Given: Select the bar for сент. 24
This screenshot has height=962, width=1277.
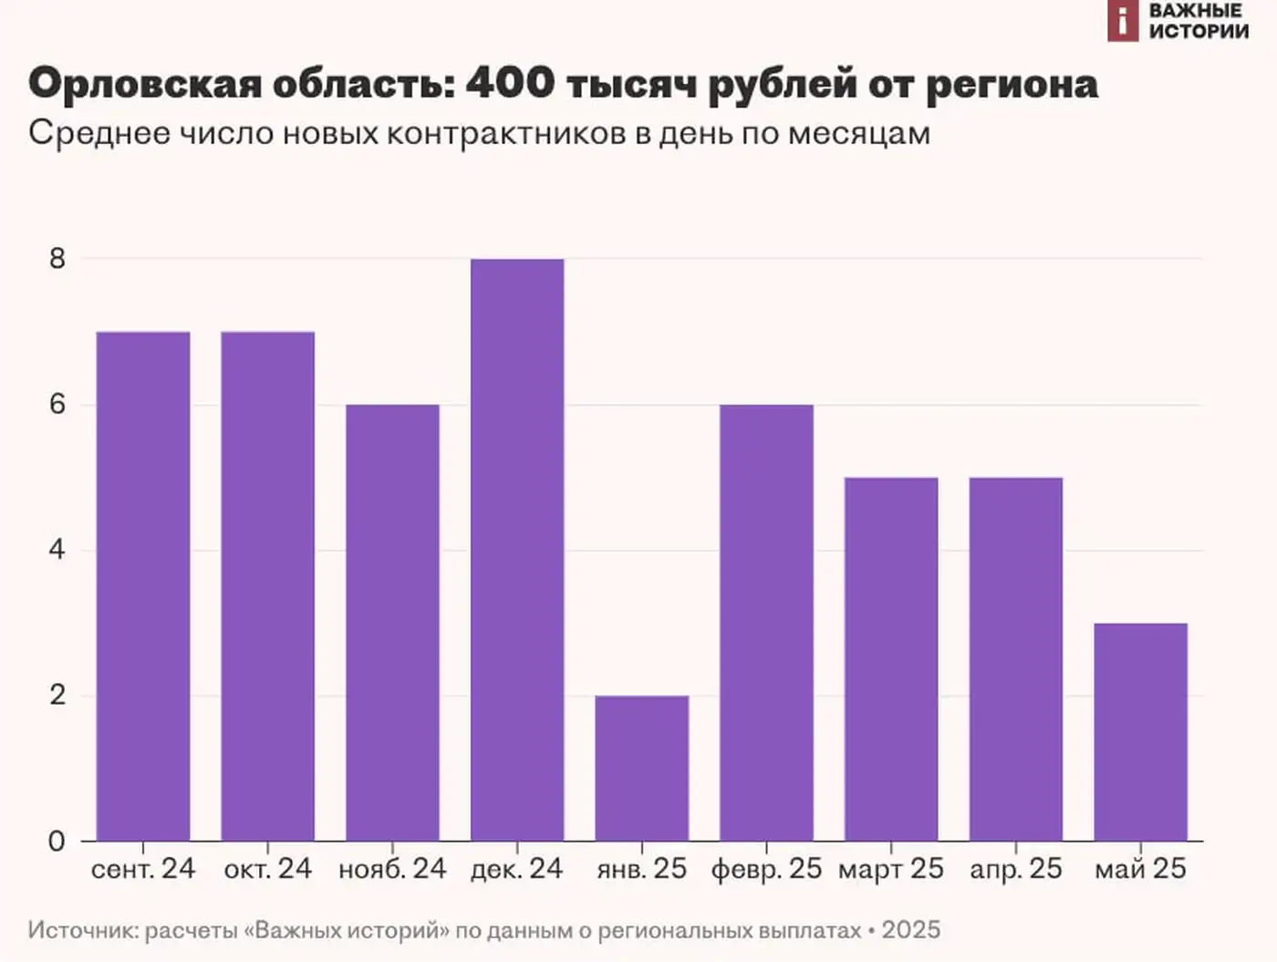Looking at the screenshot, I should tap(143, 585).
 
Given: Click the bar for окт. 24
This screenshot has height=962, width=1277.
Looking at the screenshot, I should tap(267, 585).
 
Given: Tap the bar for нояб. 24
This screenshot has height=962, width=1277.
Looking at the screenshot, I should tap(392, 622).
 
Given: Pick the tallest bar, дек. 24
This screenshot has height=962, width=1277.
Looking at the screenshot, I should tap(517, 549).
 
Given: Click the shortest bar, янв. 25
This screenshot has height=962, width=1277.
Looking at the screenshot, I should tap(641, 768).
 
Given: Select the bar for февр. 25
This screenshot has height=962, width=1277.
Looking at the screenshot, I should tap(766, 622).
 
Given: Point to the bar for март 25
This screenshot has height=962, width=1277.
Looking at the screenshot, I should tap(891, 658).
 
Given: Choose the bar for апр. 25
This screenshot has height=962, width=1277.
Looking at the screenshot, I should tap(1015, 658).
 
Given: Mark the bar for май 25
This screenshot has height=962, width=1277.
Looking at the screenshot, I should tap(1140, 731).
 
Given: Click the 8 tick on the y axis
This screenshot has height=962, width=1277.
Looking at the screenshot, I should tap(57, 259).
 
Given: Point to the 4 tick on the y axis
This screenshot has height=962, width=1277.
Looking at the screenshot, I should tap(57, 550).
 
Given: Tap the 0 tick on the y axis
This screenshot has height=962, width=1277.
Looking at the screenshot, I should tap(57, 841).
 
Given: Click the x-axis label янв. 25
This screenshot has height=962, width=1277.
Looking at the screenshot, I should tap(641, 869).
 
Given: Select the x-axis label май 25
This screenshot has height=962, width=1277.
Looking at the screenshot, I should tap(1140, 869).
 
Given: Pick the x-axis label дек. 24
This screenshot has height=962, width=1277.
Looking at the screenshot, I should tap(517, 869).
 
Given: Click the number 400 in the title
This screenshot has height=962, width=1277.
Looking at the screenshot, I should tap(510, 84).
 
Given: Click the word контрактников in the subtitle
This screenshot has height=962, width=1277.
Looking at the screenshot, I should tap(507, 133).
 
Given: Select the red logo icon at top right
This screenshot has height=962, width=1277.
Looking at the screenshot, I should tap(1123, 21).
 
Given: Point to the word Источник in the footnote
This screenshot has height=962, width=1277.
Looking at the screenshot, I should tap(81, 930).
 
